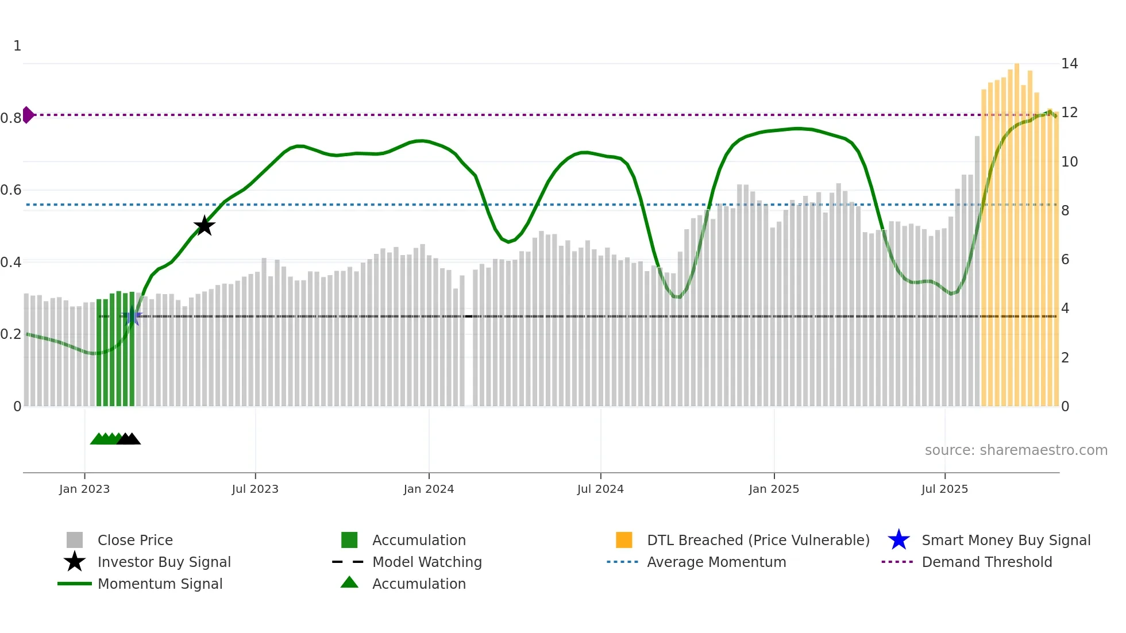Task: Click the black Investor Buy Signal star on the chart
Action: [204, 226]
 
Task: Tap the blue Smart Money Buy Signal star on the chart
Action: [132, 316]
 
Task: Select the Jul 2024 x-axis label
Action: [600, 489]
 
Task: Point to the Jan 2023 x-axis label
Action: [84, 489]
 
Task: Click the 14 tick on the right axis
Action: [1069, 64]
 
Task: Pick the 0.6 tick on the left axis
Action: [11, 190]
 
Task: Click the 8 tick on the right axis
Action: [1065, 211]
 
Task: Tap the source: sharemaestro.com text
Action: [1016, 450]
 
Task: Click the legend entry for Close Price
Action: [135, 540]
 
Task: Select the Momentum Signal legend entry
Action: [160, 584]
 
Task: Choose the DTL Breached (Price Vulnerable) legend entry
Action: [758, 540]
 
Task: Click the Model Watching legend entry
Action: [427, 562]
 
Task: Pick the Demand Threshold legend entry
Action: [986, 562]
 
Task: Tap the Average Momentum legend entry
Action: [716, 562]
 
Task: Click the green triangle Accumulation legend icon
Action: [349, 582]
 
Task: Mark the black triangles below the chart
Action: [129, 439]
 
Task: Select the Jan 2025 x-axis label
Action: [774, 489]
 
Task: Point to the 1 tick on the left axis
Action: [17, 46]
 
